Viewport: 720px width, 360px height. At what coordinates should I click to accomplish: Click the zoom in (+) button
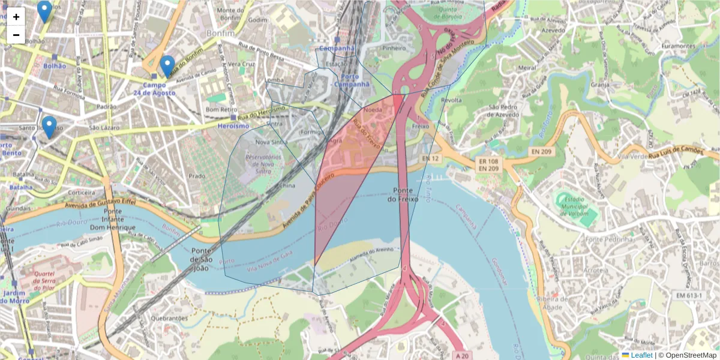[16, 17]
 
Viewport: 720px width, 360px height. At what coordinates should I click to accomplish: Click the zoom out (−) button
[16, 35]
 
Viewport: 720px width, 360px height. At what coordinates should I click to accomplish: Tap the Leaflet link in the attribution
[641, 355]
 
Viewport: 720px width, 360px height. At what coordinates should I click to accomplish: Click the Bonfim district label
[221, 33]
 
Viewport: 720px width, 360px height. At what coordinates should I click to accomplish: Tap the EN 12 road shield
[431, 158]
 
